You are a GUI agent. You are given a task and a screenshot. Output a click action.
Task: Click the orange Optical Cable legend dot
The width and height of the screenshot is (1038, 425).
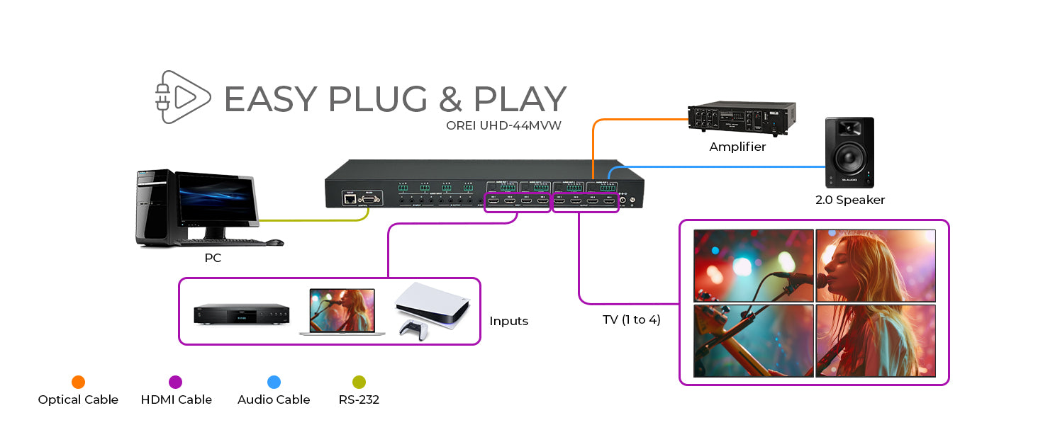click(78, 382)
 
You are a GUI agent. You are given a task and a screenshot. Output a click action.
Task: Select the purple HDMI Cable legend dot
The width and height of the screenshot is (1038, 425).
click(176, 382)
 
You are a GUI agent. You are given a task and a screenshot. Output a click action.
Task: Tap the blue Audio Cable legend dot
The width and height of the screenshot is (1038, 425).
click(274, 382)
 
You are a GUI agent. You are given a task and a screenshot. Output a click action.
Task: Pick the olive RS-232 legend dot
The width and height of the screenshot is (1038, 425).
click(359, 382)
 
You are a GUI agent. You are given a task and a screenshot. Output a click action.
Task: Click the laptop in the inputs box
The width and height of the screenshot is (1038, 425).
click(342, 312)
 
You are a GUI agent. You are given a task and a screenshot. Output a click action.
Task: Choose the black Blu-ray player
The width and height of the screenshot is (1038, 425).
click(242, 314)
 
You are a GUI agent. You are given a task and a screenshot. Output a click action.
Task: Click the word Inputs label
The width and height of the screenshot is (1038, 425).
click(508, 321)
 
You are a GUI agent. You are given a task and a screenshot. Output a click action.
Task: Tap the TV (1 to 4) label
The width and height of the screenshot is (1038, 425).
click(631, 319)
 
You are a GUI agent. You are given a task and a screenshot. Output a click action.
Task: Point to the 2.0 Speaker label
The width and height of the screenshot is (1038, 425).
click(849, 200)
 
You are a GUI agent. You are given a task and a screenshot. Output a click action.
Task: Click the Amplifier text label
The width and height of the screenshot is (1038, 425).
click(737, 147)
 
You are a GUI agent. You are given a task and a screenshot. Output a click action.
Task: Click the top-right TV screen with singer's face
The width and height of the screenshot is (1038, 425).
click(876, 265)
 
